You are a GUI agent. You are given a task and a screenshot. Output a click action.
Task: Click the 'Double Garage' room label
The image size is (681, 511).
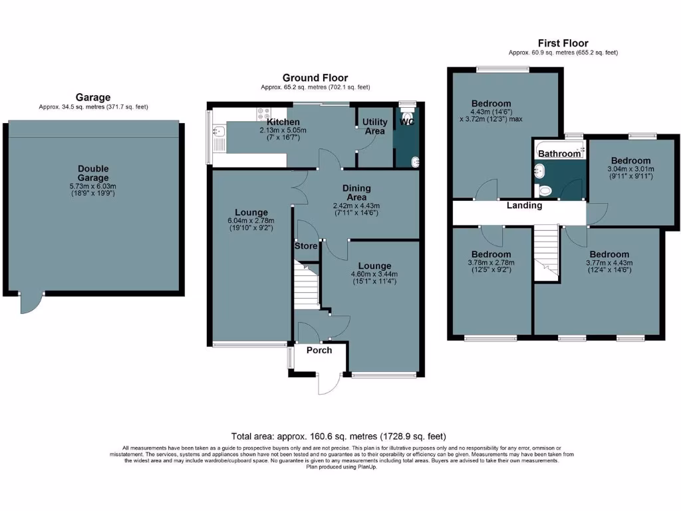pos(93,174)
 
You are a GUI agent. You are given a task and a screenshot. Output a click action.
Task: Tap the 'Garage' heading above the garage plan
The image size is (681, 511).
pos(93,97)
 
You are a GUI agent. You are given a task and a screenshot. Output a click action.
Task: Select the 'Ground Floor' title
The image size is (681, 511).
pos(315,78)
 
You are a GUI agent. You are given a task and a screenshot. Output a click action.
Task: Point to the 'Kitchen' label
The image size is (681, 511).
pos(283,122)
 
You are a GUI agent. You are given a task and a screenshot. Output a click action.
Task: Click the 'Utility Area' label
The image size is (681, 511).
pos(375,127)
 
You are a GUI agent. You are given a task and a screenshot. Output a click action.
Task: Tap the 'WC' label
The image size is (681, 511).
pos(407,122)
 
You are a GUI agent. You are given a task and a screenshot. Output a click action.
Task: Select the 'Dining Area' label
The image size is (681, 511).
pos(356,193)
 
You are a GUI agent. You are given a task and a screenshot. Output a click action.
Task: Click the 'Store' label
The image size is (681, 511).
pos(306,246)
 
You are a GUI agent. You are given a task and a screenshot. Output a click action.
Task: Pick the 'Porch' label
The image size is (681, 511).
pos(319,350)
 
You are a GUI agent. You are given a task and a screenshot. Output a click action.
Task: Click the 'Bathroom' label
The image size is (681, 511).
pos(559,154)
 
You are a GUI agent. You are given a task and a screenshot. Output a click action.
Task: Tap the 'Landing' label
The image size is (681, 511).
pos(524,206)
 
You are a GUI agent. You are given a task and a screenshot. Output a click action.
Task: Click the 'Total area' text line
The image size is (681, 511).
pos(339,436)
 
